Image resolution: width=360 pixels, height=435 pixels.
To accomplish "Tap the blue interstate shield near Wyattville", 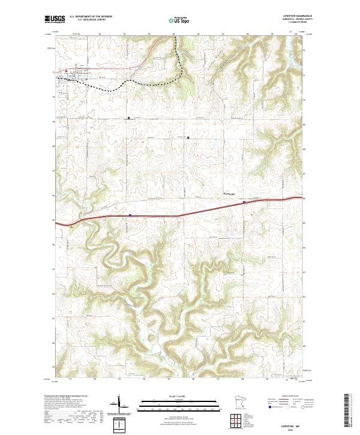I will (244, 202).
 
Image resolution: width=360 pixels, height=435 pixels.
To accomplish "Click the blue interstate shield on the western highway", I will (130, 214).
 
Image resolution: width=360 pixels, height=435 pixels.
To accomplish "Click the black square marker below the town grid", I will (128, 118).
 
